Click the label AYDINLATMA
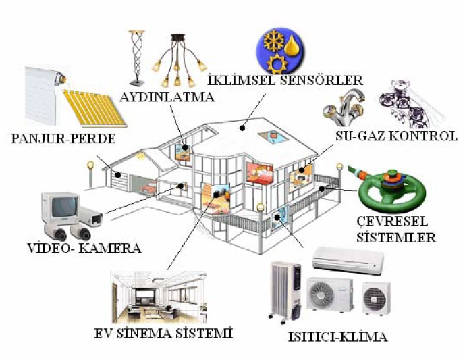[x=167, y=97]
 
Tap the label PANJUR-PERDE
[x=63, y=139]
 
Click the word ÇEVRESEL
[x=395, y=222]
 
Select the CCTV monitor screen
[x=61, y=205]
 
